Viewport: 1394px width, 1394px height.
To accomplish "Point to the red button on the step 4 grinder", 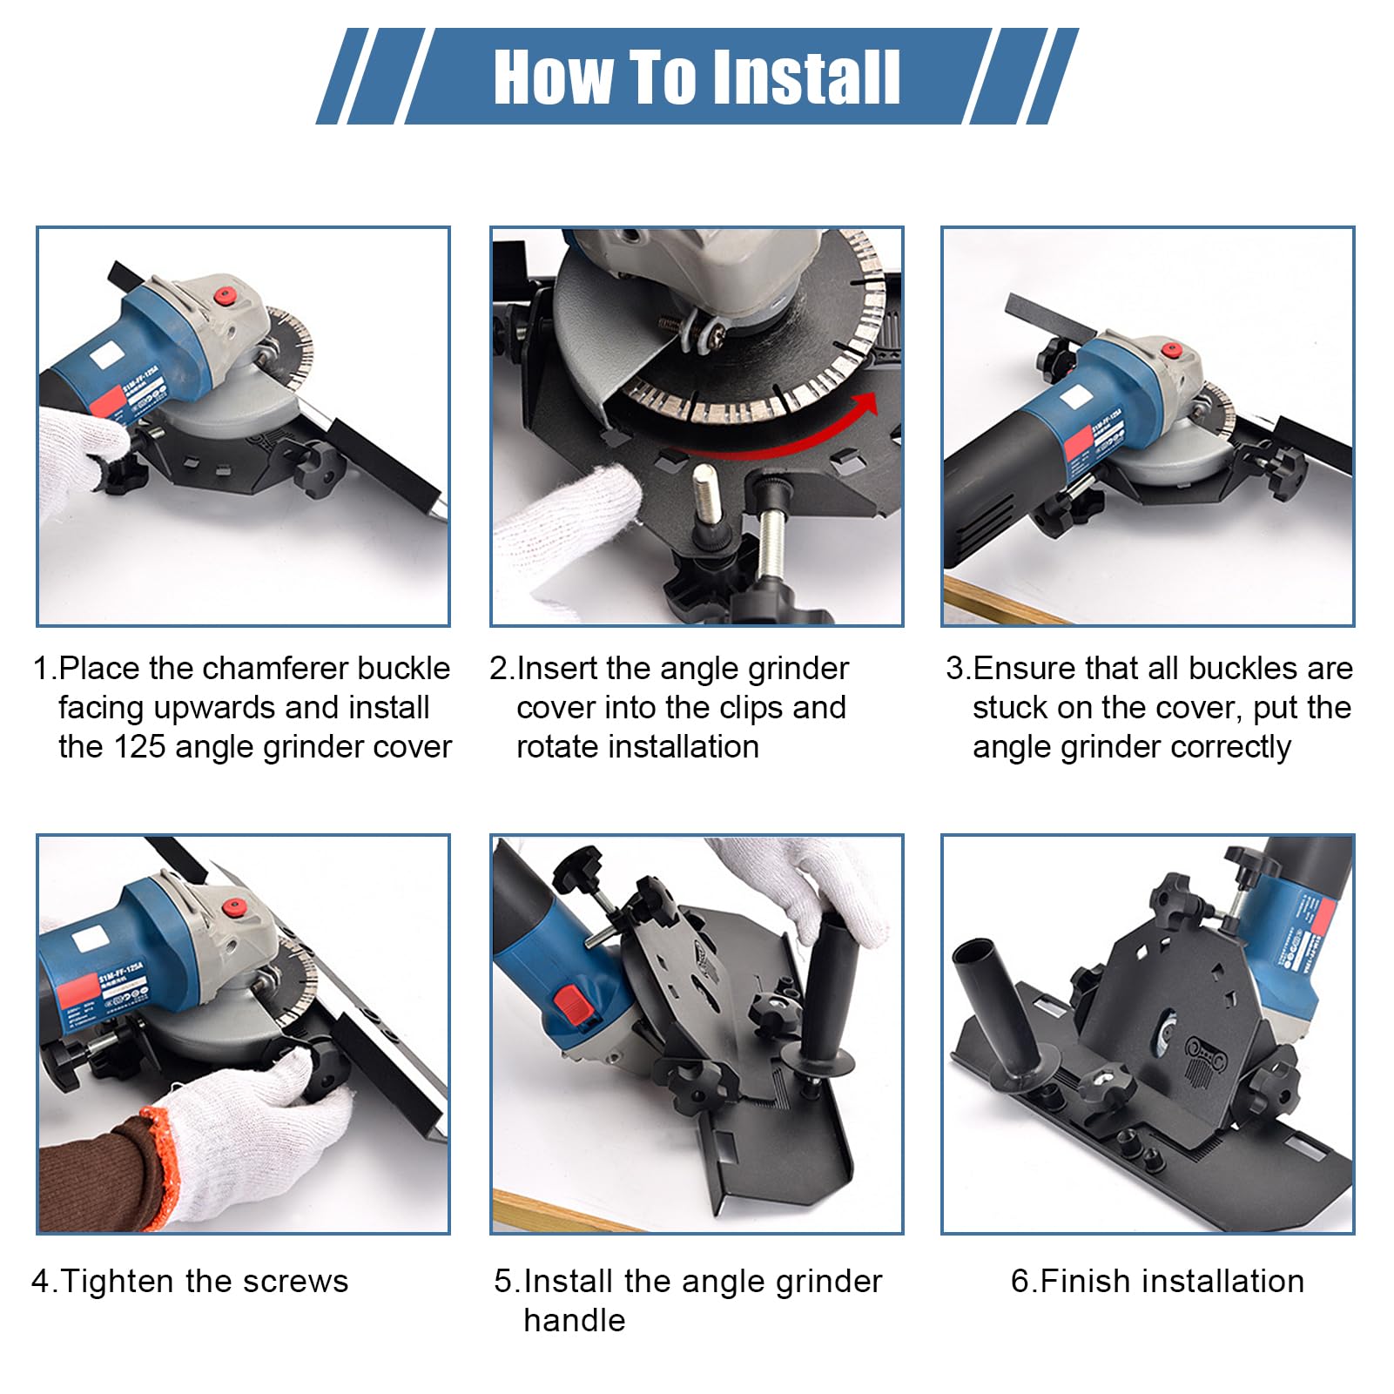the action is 232,909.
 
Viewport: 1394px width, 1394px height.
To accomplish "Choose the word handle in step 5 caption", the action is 575,1321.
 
